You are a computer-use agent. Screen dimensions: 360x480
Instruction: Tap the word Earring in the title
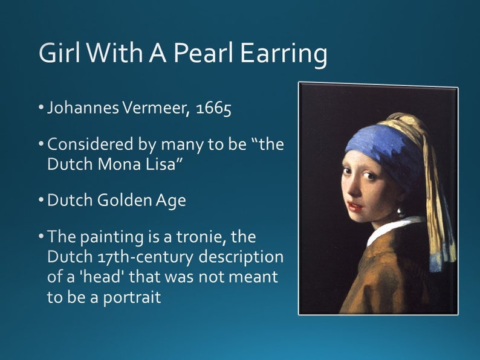click(x=284, y=54)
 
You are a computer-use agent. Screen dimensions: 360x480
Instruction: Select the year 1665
click(x=213, y=111)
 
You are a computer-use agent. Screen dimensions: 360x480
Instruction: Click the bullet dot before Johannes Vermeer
click(x=42, y=109)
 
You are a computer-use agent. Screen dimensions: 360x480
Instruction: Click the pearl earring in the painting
click(x=400, y=213)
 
